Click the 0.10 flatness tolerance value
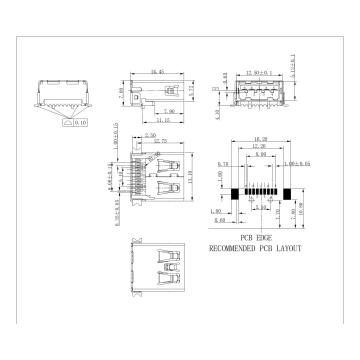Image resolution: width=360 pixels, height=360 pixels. tap(80, 125)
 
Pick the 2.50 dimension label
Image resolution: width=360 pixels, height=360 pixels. tap(150, 134)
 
